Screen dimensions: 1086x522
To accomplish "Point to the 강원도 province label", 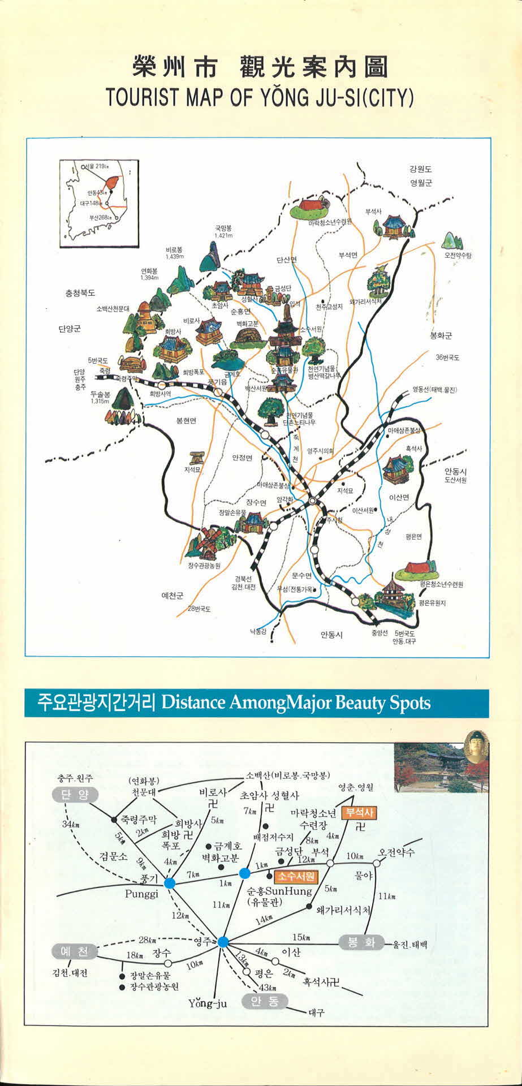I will (x=420, y=169).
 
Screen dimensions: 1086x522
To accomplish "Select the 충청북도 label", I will (x=80, y=294).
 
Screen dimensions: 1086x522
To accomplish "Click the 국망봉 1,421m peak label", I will (x=223, y=231).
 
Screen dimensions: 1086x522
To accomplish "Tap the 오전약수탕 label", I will (x=458, y=256).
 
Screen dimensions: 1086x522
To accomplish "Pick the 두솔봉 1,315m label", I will (x=100, y=398).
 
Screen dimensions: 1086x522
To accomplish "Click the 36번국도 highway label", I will (x=447, y=357).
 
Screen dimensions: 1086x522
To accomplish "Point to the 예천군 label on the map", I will (x=172, y=596).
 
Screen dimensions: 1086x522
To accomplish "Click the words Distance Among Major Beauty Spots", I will (x=296, y=703).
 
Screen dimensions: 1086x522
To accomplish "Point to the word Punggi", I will (x=142, y=894).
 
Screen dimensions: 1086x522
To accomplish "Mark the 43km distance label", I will (x=267, y=988).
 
